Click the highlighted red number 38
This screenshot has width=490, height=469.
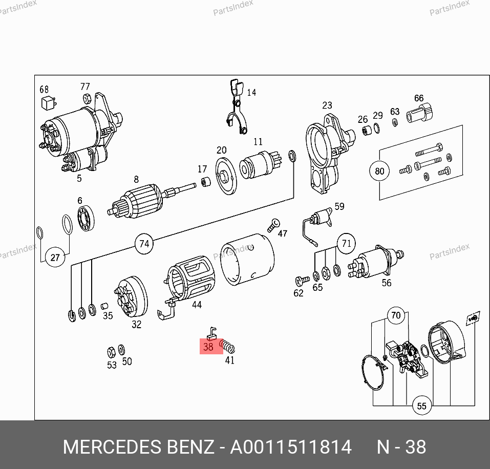[x=208, y=347]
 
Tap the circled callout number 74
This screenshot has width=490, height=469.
[x=144, y=243]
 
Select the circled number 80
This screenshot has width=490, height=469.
[x=379, y=171]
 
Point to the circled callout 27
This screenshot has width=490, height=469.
[x=55, y=257]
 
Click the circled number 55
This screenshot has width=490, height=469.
[x=421, y=406]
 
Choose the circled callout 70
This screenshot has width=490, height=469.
[x=396, y=315]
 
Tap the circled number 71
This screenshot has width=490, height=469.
[x=346, y=243]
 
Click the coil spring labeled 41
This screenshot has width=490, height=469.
[x=227, y=346]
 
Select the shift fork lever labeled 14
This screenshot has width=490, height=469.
[x=237, y=106]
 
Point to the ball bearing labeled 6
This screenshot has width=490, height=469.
[x=86, y=218]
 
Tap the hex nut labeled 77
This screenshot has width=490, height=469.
[x=87, y=98]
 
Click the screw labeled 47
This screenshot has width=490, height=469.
[x=273, y=225]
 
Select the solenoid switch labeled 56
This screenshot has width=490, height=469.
[x=376, y=263]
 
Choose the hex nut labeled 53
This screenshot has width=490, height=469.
[x=111, y=352]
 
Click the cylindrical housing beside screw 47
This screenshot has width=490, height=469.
[x=247, y=259]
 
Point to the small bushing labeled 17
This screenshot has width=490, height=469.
[x=205, y=182]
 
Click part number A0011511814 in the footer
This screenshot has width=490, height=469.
[x=291, y=447]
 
